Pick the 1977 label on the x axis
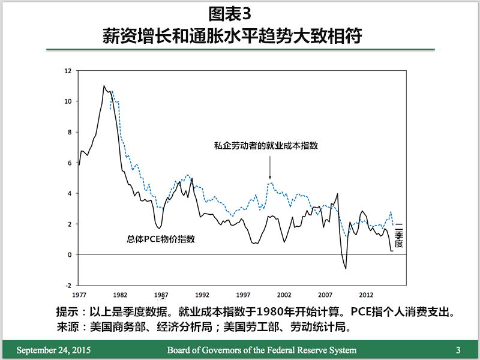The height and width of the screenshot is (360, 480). click(79, 295)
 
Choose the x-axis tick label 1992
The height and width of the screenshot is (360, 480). click(202, 295)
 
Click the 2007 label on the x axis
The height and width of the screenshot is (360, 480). click(325, 295)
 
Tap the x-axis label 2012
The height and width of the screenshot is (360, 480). click(366, 295)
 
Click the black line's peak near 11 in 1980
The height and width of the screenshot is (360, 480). click(104, 86)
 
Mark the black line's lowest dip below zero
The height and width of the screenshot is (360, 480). click(346, 268)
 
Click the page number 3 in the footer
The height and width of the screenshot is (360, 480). click(458, 350)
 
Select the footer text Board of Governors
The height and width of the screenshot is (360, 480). click(261, 350)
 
